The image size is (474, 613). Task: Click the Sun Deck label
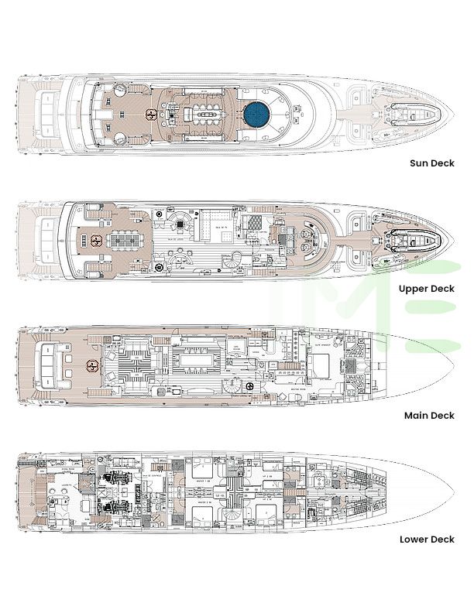click(431, 163)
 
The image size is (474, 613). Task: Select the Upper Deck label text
click(426, 289)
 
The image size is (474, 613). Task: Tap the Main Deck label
click(429, 416)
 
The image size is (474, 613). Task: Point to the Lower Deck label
click(427, 539)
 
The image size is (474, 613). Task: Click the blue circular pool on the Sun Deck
click(256, 116)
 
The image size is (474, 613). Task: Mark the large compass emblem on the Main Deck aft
click(94, 366)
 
